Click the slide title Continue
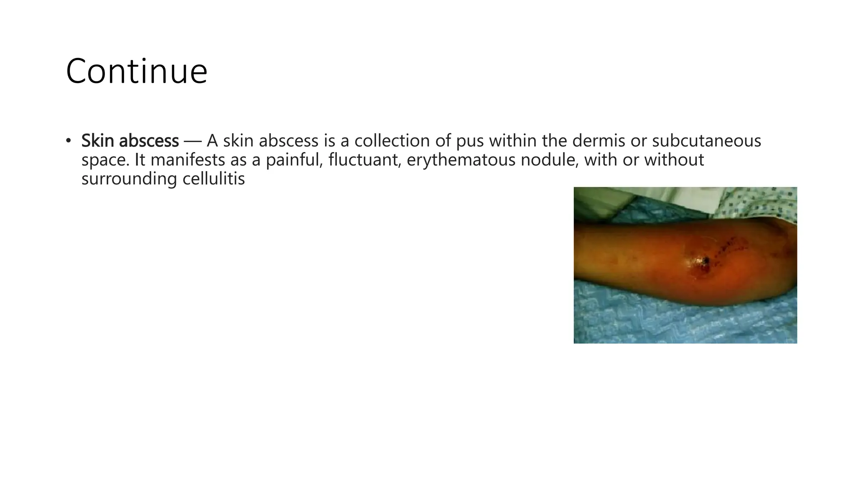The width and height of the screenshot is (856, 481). click(136, 71)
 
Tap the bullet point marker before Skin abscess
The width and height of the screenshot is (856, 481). click(68, 141)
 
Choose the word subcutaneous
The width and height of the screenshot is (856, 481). click(706, 141)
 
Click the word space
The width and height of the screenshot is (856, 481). click(105, 160)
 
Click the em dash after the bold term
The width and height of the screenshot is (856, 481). click(192, 141)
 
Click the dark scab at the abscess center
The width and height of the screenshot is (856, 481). click(706, 261)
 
